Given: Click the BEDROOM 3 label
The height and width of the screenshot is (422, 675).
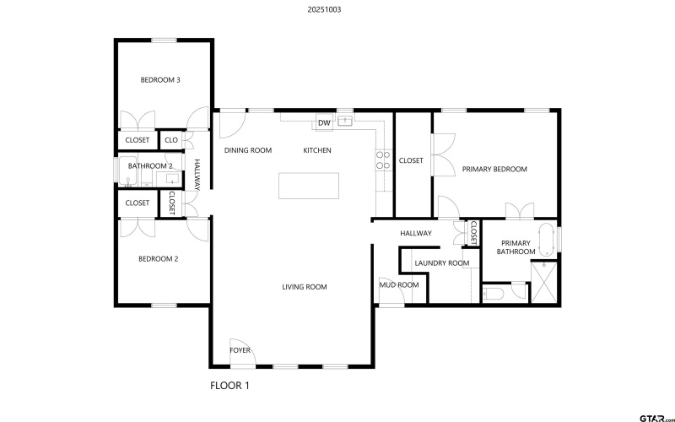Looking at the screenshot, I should (160, 80).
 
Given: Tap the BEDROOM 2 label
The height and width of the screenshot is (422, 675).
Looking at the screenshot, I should (159, 259).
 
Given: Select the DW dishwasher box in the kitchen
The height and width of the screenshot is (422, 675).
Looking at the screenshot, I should (324, 123).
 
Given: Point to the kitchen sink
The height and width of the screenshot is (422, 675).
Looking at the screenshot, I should (344, 122).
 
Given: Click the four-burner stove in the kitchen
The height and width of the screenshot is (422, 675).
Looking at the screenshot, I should (382, 160).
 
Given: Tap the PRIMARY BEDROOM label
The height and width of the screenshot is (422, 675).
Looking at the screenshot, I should (494, 169).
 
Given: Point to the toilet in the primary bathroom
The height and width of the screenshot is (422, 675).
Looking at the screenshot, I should (494, 294).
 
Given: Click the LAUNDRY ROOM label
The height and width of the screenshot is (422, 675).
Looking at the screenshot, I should (441, 263).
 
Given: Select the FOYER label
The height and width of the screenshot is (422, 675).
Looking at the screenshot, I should (240, 350).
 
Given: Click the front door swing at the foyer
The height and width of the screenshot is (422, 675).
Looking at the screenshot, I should (240, 358).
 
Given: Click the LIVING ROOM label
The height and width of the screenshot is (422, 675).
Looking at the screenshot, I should (305, 287).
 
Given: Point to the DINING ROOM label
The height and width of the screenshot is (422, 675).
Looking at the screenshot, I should (248, 150).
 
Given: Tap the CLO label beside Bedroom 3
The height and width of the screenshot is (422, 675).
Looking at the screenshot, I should (171, 140).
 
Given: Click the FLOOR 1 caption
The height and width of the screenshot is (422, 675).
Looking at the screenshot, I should (229, 386).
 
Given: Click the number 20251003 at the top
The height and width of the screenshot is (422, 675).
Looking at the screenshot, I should (325, 10).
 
